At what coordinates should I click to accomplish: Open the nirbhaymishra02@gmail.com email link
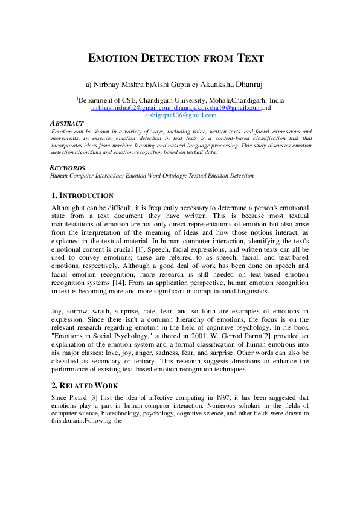coord(128,107)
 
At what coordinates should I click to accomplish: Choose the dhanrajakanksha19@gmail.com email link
coord(214,107)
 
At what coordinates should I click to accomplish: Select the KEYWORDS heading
coord(67,168)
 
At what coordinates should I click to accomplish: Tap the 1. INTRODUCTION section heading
coord(82,196)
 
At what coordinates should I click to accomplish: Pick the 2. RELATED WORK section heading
coord(85,385)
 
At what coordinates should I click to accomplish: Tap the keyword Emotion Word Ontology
coord(157,176)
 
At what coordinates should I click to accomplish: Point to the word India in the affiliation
coord(277,100)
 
